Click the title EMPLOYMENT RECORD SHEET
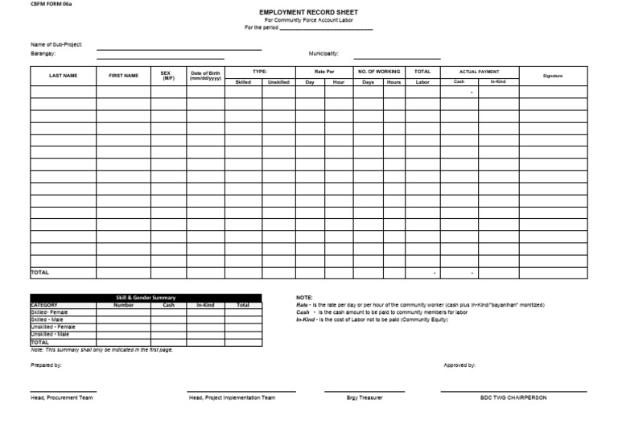click(308, 13)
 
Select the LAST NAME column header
click(63, 76)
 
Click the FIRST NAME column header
click(123, 76)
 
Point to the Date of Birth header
click(205, 76)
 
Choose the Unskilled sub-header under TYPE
click(278, 82)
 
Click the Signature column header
click(553, 76)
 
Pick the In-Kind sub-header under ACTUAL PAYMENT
click(498, 82)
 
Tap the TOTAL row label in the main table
click(40, 273)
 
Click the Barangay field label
click(43, 54)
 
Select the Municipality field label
click(323, 54)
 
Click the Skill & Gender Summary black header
click(146, 298)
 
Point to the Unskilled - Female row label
click(53, 328)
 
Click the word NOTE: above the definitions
click(304, 298)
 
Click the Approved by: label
click(459, 365)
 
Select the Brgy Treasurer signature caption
click(365, 398)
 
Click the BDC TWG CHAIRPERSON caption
click(513, 398)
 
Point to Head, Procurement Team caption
click(61, 398)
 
